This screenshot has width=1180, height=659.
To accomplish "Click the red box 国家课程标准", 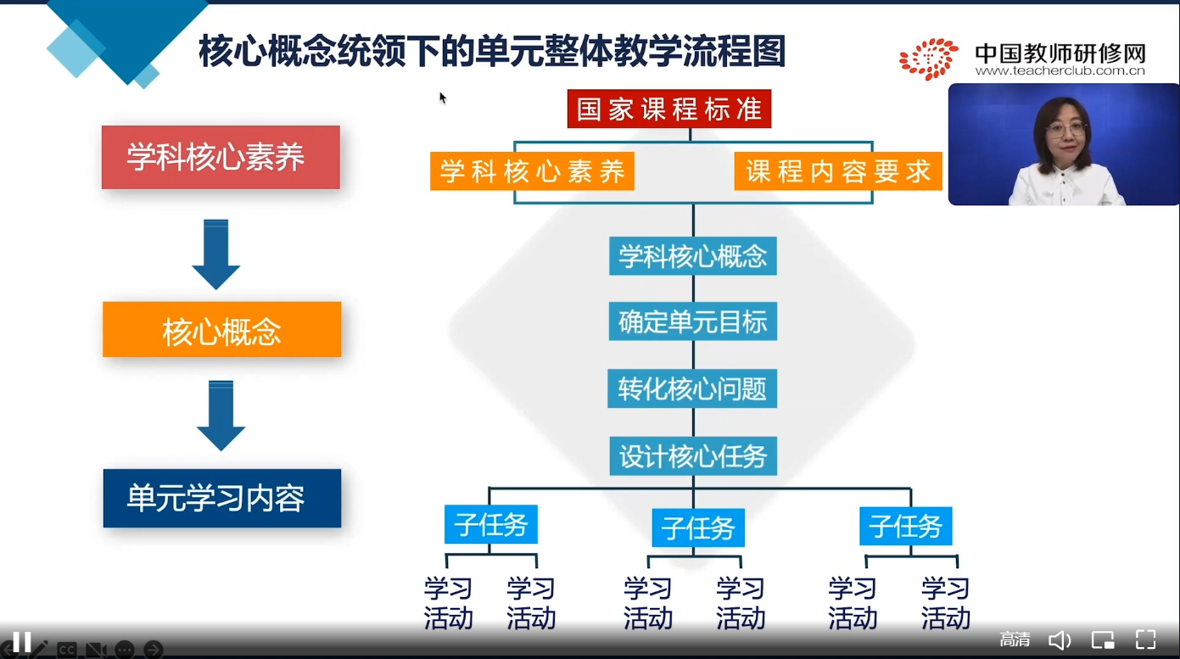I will [668, 109].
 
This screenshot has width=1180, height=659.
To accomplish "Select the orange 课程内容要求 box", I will [838, 171].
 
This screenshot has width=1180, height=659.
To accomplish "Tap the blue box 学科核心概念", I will [692, 256].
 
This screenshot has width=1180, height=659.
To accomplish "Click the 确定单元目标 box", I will [692, 322].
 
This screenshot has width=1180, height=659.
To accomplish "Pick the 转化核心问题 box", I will [692, 389].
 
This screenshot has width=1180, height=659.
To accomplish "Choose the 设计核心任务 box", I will [692, 456].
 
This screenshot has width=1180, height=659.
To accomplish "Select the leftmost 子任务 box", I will [490, 525].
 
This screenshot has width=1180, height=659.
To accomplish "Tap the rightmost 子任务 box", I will [905, 527].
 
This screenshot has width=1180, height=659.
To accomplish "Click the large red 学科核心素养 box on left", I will [221, 158].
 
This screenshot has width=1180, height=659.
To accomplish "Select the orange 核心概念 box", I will [221, 330].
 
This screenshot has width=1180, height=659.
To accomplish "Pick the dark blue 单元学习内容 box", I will [221, 499].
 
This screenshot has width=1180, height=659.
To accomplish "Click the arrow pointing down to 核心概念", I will [216, 254].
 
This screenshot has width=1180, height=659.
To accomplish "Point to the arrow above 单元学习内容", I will [221, 415].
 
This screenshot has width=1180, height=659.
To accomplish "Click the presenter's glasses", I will [1066, 130].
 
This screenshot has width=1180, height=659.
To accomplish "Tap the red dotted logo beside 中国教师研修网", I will [929, 59].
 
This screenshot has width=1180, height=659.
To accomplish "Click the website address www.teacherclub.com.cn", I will [1060, 72].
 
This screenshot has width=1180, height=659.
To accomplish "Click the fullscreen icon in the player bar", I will [1145, 640].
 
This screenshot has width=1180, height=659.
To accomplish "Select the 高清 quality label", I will [1015, 640].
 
